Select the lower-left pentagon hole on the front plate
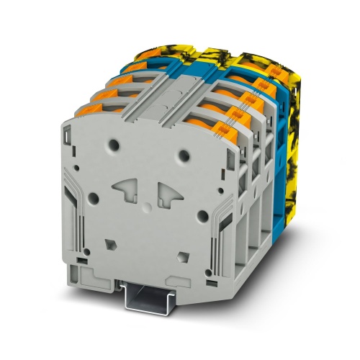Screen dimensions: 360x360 pos(109,243)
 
